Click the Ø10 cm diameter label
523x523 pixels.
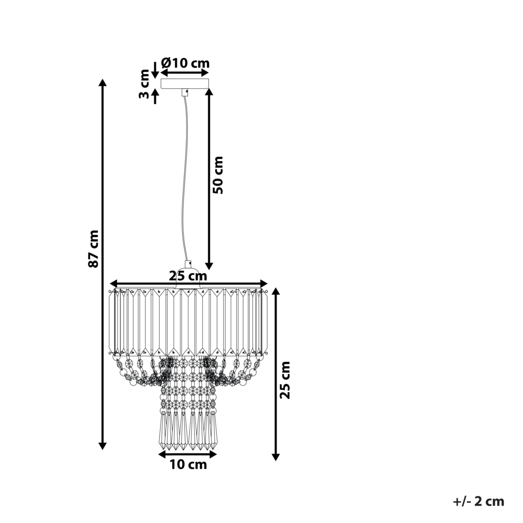185,63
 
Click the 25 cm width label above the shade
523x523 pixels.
188,276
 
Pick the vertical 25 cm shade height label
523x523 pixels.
285,380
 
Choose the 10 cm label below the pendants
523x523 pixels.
188,464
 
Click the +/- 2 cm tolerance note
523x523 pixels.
479,502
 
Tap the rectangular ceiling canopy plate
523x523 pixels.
184,83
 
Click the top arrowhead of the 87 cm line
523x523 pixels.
103,83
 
